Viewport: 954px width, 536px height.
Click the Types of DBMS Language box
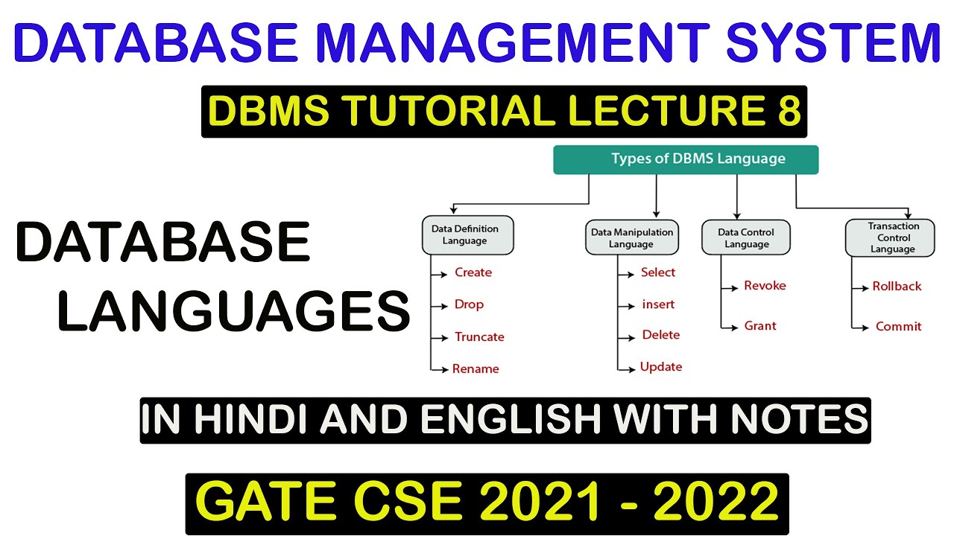686,159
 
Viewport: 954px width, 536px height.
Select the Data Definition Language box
464,235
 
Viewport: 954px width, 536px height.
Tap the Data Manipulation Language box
631,238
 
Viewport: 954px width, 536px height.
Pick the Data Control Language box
745,238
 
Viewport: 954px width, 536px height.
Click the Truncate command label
479,337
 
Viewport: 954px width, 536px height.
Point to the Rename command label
476,369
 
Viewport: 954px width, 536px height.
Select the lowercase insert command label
658,304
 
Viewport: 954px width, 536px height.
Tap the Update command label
661,367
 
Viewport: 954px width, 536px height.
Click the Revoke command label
765,286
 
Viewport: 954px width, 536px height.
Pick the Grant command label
759,326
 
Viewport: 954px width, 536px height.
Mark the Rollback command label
897,287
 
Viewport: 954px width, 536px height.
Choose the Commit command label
898,327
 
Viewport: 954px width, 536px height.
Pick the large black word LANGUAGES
233,311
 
